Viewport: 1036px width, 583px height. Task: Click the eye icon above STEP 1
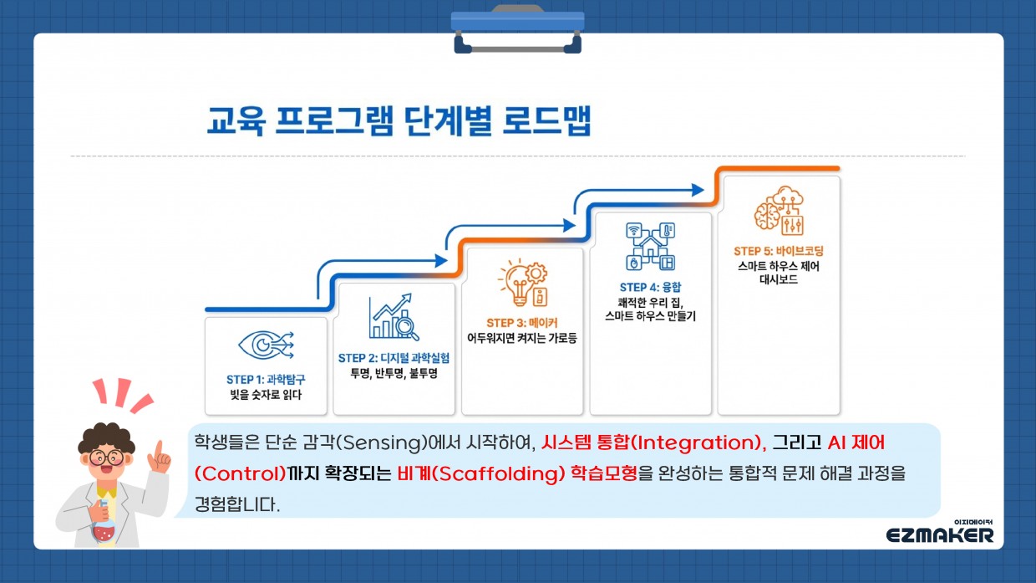click(x=266, y=345)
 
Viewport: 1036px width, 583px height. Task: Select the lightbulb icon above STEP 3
click(x=523, y=283)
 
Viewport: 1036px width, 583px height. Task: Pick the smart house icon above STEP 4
click(x=651, y=247)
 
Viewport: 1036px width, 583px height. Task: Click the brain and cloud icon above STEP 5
click(x=780, y=211)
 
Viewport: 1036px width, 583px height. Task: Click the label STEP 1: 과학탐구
click(x=266, y=380)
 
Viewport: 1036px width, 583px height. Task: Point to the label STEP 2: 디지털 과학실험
click(x=394, y=358)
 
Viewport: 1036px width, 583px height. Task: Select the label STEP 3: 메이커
click(x=522, y=323)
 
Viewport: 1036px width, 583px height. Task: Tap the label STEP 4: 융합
click(x=650, y=287)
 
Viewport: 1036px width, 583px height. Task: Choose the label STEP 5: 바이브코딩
click(x=779, y=252)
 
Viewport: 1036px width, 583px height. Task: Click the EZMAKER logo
click(x=940, y=533)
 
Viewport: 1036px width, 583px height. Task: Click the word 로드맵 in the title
click(x=546, y=120)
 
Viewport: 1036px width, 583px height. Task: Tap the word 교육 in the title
click(x=236, y=120)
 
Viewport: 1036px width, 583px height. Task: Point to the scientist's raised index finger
click(x=159, y=448)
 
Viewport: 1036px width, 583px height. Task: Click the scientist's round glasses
click(x=107, y=458)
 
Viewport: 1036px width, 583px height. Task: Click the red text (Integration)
click(x=695, y=443)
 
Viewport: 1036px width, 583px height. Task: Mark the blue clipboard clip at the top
click(x=517, y=28)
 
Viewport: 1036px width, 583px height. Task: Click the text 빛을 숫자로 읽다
click(x=266, y=395)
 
